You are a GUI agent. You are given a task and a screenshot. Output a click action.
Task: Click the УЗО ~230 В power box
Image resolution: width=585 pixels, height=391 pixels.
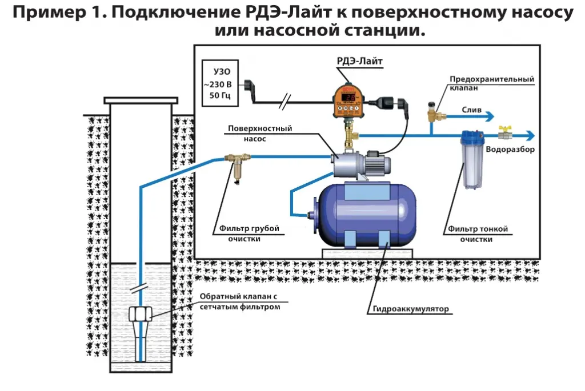(x=219, y=84)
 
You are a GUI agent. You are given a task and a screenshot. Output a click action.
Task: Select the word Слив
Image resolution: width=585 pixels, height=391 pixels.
(x=471, y=108)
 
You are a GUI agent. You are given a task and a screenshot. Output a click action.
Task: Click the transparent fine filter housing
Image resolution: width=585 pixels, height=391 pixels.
(x=472, y=163)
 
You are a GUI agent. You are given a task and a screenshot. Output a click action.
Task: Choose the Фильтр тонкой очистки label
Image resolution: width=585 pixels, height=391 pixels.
(x=478, y=234)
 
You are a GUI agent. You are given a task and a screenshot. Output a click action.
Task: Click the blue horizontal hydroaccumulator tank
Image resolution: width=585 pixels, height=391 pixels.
(x=367, y=211)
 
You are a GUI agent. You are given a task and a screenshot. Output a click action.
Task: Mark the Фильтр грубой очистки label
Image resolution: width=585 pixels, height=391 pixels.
(x=249, y=234)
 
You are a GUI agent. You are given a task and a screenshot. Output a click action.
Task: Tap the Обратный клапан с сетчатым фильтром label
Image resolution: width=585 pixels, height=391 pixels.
(x=240, y=302)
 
